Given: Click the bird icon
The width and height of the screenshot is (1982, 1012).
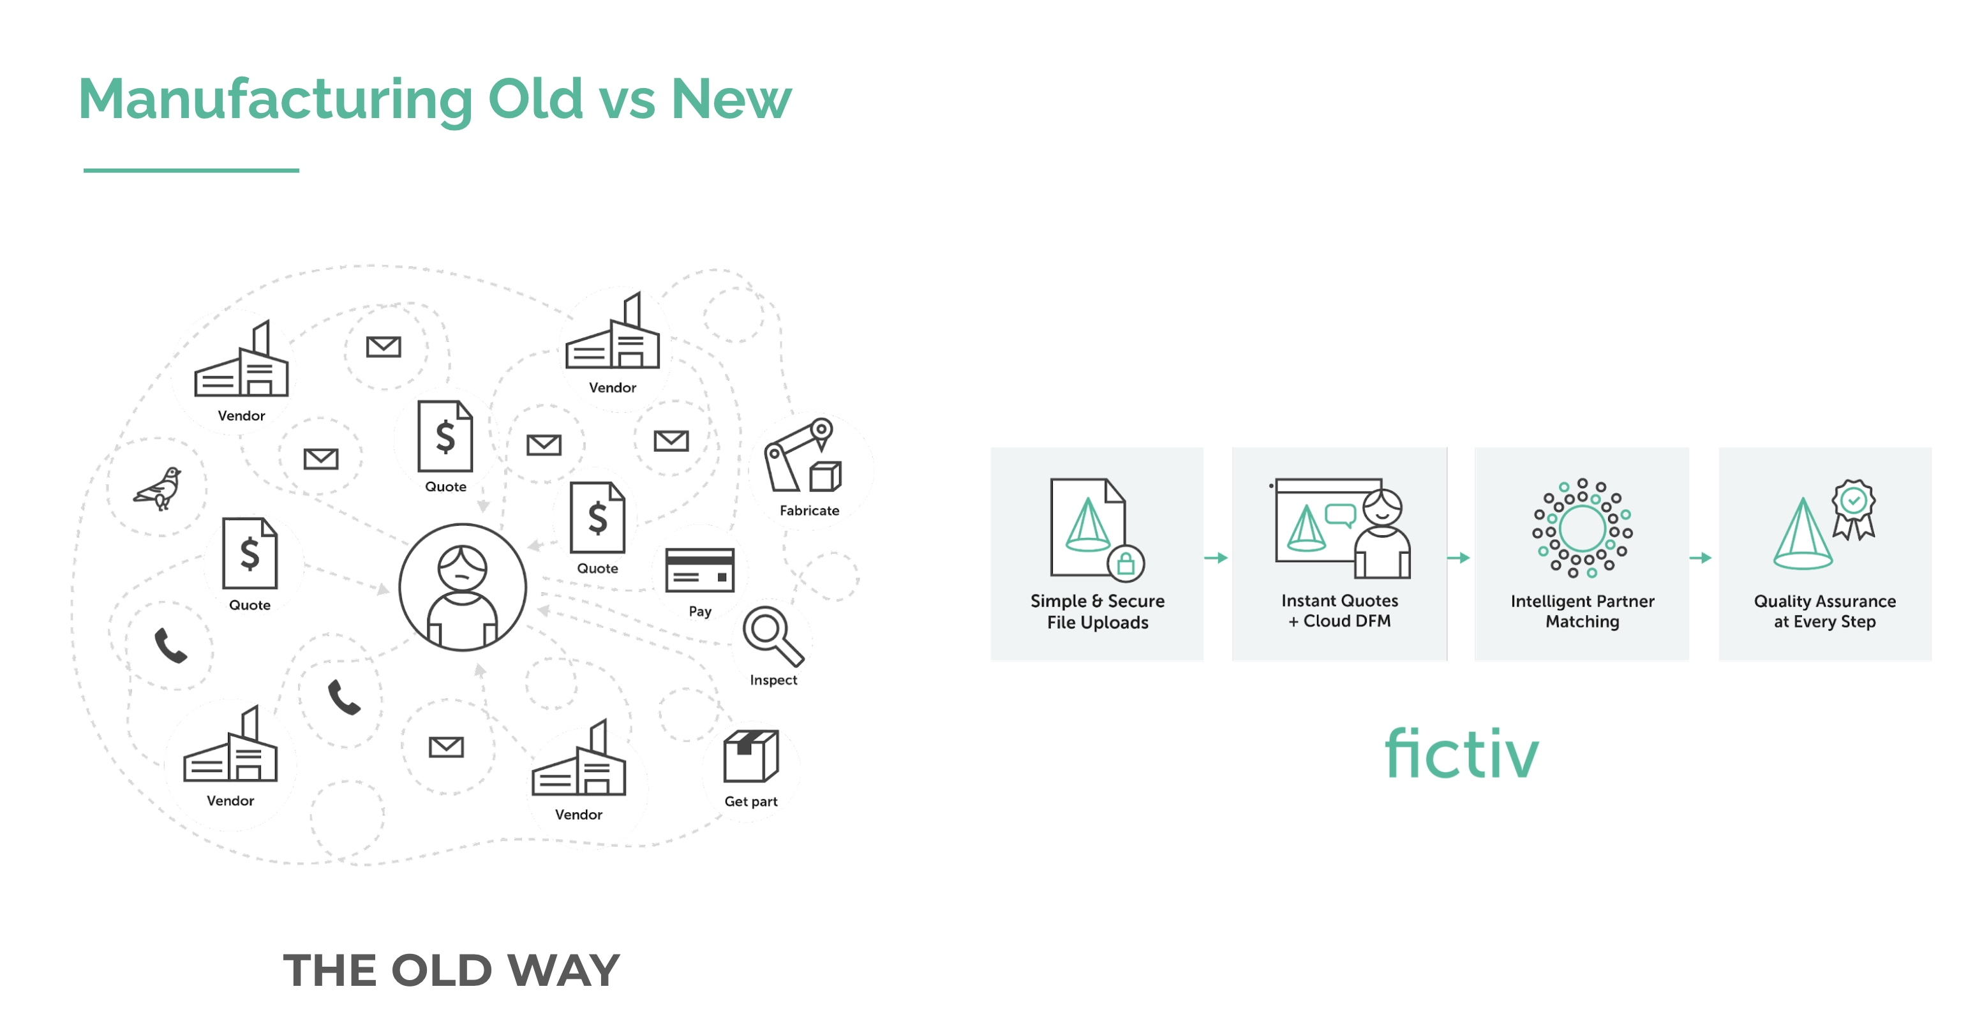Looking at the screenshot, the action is [x=158, y=488].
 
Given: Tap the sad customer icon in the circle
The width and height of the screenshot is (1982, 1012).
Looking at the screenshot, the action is [x=463, y=587].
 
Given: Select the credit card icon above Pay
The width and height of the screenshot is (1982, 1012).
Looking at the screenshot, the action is [x=699, y=570].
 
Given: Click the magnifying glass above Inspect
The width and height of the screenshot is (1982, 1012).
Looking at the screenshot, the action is [x=771, y=635].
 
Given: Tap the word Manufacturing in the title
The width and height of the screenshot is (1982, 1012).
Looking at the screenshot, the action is [x=276, y=100].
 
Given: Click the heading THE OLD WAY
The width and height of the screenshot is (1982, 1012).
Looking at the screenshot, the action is [x=451, y=970].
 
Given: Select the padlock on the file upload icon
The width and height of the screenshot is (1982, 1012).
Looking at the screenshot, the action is [x=1126, y=564].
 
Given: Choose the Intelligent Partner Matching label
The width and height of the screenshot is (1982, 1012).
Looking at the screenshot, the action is [x=1582, y=611].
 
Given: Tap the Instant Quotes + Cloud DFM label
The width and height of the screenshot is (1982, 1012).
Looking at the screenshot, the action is [x=1339, y=610].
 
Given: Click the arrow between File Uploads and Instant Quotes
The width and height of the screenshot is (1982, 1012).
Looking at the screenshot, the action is [x=1216, y=558].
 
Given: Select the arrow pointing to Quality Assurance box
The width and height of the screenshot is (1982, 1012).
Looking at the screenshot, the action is [x=1701, y=558].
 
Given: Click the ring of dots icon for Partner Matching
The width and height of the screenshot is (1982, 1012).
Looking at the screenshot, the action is [x=1582, y=527].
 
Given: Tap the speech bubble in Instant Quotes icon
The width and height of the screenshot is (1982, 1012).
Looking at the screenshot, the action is [x=1340, y=514].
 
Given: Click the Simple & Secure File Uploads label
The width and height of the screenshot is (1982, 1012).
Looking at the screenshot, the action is [x=1097, y=611].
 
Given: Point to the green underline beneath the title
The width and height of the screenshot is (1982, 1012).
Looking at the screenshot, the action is [x=191, y=170].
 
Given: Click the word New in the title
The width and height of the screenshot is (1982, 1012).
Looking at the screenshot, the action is [x=731, y=100].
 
